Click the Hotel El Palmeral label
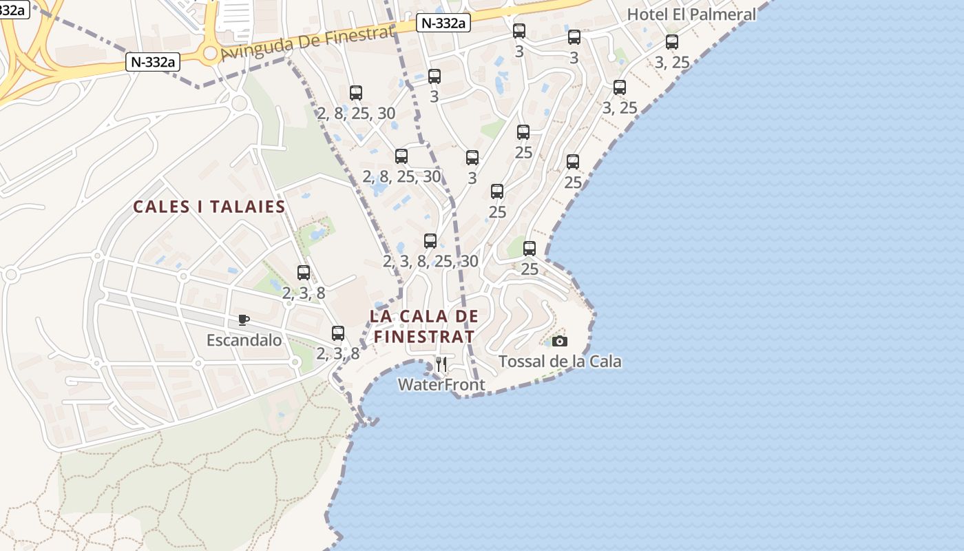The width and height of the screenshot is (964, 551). [691, 14]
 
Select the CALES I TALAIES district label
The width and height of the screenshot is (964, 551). [209, 207]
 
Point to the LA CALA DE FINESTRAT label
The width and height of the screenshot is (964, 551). [423, 326]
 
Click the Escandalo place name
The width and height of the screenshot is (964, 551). [244, 340]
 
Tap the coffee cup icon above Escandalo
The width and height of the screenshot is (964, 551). [243, 320]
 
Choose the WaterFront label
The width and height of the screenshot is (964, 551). [441, 385]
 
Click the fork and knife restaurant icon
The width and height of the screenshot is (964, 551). [441, 364]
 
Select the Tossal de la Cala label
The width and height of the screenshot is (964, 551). [560, 362]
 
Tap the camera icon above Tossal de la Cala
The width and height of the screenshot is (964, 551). [560, 341]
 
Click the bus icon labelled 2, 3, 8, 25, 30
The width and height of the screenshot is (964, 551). [430, 241]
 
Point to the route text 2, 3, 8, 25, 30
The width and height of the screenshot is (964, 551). [430, 262]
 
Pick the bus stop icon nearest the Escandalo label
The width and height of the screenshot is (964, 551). [304, 273]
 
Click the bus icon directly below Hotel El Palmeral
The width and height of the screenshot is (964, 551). [672, 42]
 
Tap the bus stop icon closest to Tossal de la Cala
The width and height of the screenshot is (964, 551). [530, 249]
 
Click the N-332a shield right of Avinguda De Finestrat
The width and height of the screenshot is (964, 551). [443, 23]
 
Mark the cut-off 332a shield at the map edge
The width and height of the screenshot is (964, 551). [14, 10]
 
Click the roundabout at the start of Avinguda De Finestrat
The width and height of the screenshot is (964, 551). [210, 53]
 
